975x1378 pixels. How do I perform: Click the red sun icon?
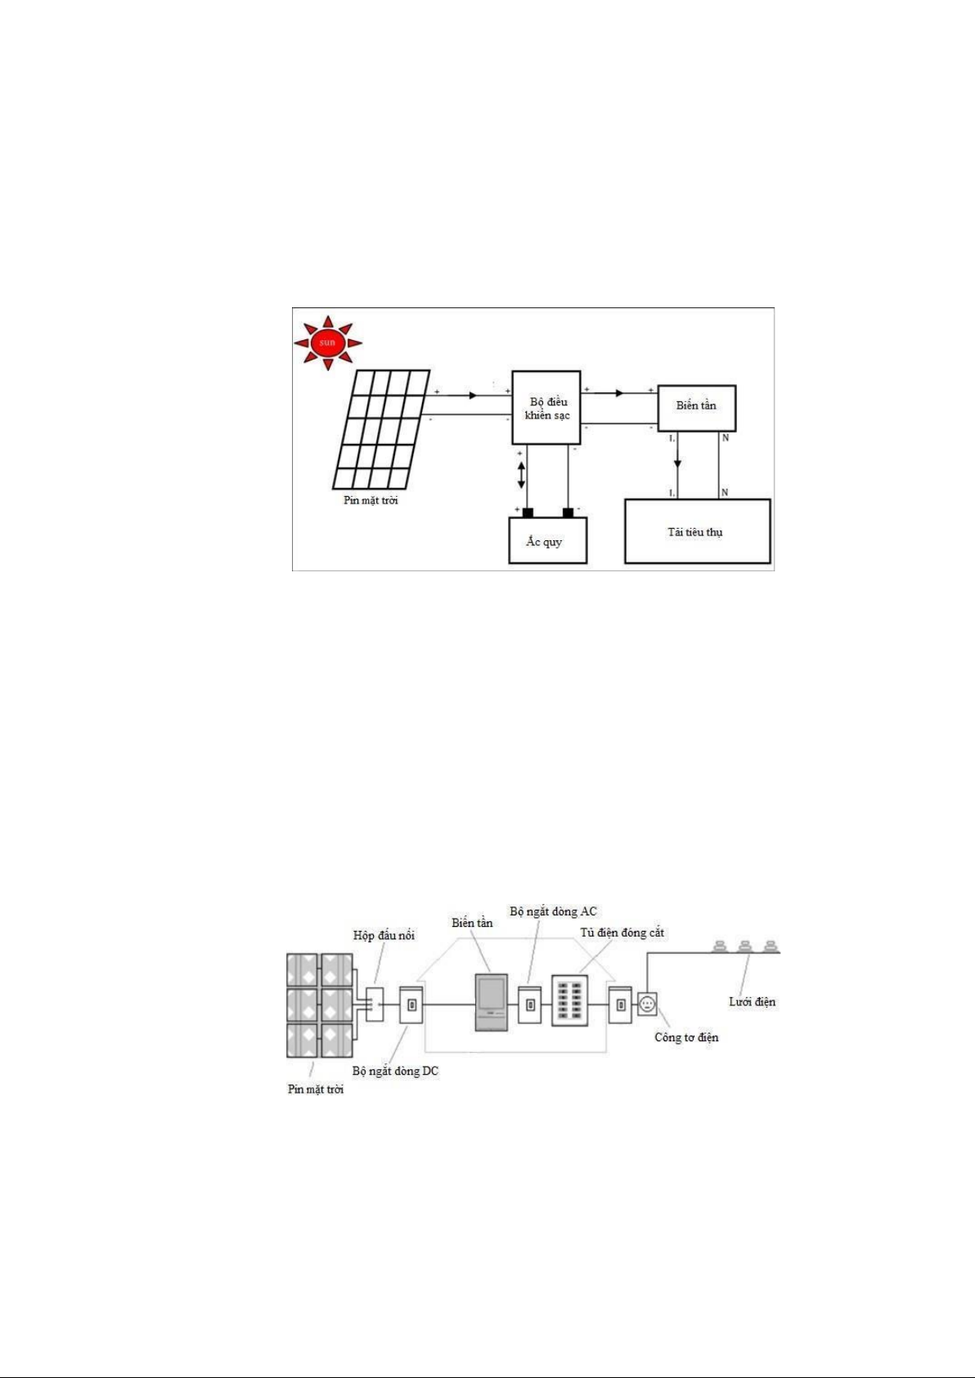(327, 342)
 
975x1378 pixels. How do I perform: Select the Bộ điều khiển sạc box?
(546, 408)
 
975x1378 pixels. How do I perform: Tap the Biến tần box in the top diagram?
(697, 407)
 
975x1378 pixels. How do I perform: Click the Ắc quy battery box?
(547, 541)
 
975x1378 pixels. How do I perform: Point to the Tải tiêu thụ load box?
(697, 532)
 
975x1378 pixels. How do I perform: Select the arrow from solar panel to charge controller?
(473, 396)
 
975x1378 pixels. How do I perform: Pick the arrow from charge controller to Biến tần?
(619, 393)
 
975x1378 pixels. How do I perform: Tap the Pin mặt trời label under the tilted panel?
(371, 500)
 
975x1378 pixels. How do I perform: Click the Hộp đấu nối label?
(384, 935)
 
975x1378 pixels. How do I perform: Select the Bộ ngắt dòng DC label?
(395, 1071)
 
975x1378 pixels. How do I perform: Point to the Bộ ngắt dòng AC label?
(553, 911)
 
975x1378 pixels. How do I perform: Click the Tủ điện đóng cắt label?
(622, 933)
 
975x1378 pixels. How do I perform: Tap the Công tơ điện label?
(686, 1037)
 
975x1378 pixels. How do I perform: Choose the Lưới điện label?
(752, 1001)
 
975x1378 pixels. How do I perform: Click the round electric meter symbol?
(647, 1004)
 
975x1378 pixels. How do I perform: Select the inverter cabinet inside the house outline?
(492, 1001)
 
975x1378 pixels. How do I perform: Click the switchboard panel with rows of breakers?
(569, 1000)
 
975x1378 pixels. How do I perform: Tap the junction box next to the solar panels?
(375, 1004)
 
